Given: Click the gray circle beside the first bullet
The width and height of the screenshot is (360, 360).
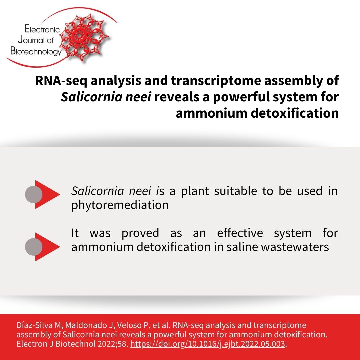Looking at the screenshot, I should coord(34,194).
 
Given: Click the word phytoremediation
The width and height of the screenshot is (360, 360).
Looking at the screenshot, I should coord(120,205).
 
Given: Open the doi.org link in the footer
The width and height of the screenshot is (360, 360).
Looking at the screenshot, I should coord(208,344).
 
